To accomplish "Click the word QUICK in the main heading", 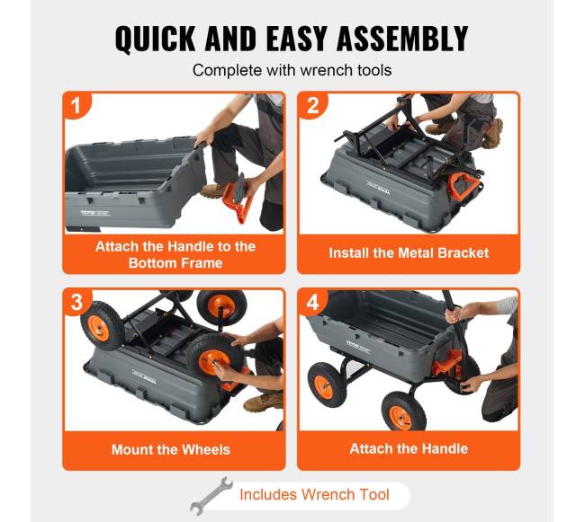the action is [x=155, y=38].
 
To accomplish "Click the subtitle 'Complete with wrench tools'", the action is [x=292, y=70].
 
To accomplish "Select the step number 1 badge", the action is [x=76, y=105].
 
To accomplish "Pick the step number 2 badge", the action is [x=312, y=106].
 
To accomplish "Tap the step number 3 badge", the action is [x=76, y=302].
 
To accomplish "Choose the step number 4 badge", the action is [x=312, y=302].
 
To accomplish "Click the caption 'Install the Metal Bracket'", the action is [x=409, y=253].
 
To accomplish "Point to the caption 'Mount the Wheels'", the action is [x=171, y=449].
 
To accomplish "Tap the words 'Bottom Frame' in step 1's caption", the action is [x=175, y=263].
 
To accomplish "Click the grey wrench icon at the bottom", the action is [x=211, y=496].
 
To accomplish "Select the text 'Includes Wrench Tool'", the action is [x=314, y=495].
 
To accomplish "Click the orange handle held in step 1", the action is [x=237, y=200].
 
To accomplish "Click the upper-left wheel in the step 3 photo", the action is [x=100, y=326].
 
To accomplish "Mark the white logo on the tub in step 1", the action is [x=95, y=213].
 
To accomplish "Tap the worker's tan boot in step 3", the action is [x=264, y=402].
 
